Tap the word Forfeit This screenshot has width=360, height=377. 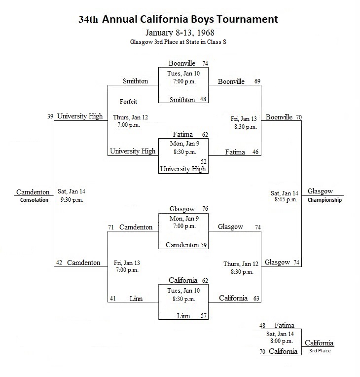128,102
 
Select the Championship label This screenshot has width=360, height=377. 324,200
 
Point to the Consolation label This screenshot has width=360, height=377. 34,200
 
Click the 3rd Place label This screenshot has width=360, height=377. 320,351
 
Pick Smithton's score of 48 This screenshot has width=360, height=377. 203,99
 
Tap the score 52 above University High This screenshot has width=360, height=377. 204,161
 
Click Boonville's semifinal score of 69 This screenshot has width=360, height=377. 257,81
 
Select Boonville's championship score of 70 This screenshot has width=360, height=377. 299,117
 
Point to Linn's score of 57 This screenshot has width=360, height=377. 204,316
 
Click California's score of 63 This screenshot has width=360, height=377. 256,299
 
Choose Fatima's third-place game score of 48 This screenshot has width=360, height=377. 262,326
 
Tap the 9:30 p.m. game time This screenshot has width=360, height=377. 72,200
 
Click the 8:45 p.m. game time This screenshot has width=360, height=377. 286,199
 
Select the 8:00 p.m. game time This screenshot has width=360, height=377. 282,341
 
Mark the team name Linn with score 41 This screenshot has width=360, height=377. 136,299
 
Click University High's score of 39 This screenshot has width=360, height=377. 50,116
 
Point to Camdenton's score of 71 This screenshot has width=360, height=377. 111,227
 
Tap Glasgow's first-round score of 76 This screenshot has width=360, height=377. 205,209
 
